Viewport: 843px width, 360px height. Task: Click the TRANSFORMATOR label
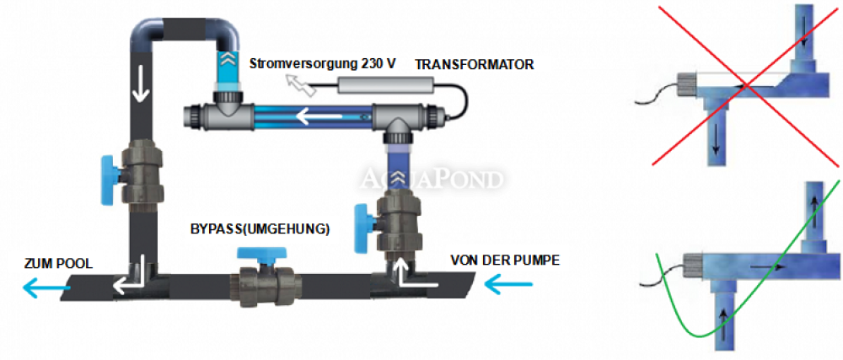pos(474,64)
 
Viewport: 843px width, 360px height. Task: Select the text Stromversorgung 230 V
pos(323,63)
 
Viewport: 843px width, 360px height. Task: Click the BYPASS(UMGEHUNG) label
pos(260,228)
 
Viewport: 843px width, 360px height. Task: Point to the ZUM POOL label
pos(59,263)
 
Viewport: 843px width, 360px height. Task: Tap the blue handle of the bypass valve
pos(262,254)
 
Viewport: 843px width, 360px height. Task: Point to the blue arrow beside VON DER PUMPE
pos(508,285)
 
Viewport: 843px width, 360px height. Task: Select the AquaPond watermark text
pos(432,179)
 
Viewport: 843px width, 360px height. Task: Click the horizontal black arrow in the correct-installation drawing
pos(765,266)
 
